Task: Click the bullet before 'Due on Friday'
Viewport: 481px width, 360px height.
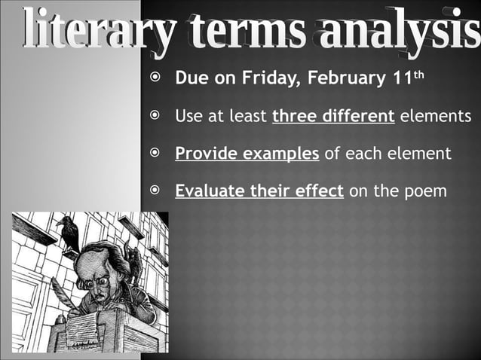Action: click(154, 78)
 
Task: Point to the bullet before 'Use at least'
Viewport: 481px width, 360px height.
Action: click(154, 116)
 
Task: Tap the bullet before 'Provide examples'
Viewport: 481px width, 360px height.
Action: click(154, 154)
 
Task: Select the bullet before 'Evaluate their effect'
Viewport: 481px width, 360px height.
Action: click(154, 191)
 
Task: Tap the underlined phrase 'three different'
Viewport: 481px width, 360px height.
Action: click(333, 117)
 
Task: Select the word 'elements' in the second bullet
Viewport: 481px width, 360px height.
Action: click(435, 117)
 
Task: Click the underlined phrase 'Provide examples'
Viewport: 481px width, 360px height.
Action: click(247, 154)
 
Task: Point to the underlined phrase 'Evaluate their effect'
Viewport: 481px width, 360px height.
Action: click(259, 191)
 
